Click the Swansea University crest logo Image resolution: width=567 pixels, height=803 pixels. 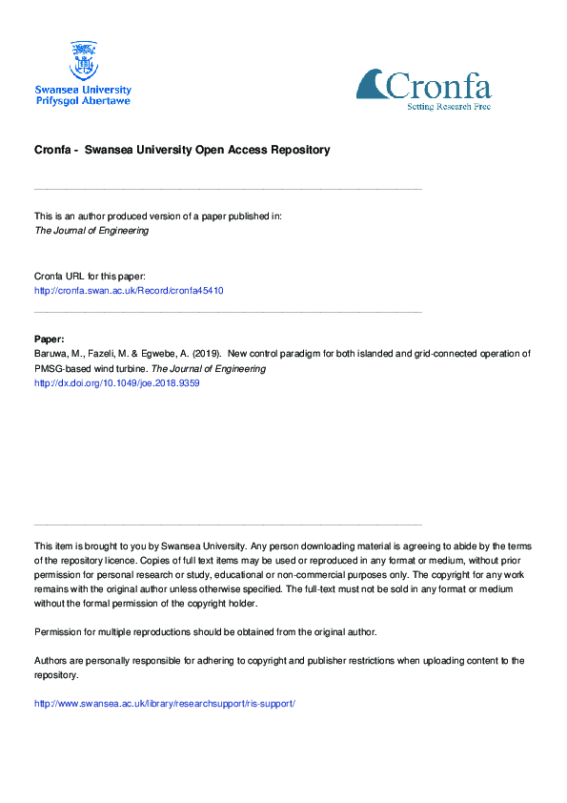click(83, 60)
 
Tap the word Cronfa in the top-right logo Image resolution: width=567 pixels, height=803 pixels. click(439, 88)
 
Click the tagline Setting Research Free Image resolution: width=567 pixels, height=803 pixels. click(448, 106)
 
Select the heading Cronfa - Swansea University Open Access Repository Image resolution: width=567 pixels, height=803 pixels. click(182, 150)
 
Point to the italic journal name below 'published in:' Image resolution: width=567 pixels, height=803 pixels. click(91, 230)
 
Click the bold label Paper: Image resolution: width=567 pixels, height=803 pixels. click(50, 339)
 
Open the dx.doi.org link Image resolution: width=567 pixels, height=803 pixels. click(116, 382)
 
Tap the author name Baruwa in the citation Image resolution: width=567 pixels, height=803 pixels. click(52, 354)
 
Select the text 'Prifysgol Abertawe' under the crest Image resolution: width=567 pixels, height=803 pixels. click(83, 100)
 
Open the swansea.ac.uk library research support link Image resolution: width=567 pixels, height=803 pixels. click(165, 703)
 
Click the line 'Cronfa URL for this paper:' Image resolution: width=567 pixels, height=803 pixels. click(90, 276)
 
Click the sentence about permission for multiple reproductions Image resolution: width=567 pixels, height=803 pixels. click(206, 631)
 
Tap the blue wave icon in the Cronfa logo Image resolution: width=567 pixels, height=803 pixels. click(372, 85)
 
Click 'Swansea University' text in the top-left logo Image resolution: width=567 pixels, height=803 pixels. click(83, 89)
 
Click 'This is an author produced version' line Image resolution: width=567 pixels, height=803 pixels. click(158, 216)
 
